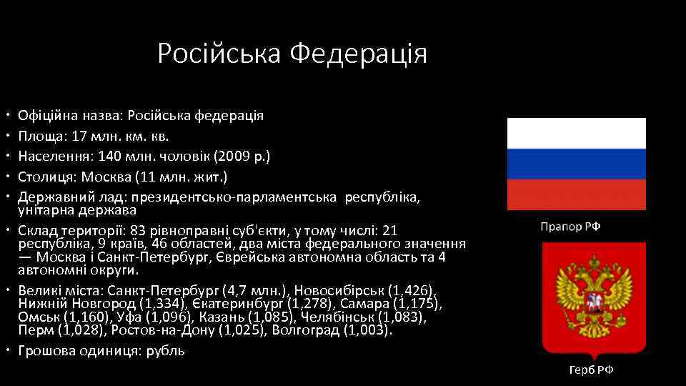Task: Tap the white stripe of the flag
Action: tap(576, 133)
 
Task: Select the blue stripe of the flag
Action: tap(576, 164)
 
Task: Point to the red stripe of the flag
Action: tap(576, 194)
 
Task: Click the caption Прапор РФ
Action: tap(570, 227)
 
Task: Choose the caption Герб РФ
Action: tap(591, 370)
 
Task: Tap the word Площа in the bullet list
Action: tap(40, 135)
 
